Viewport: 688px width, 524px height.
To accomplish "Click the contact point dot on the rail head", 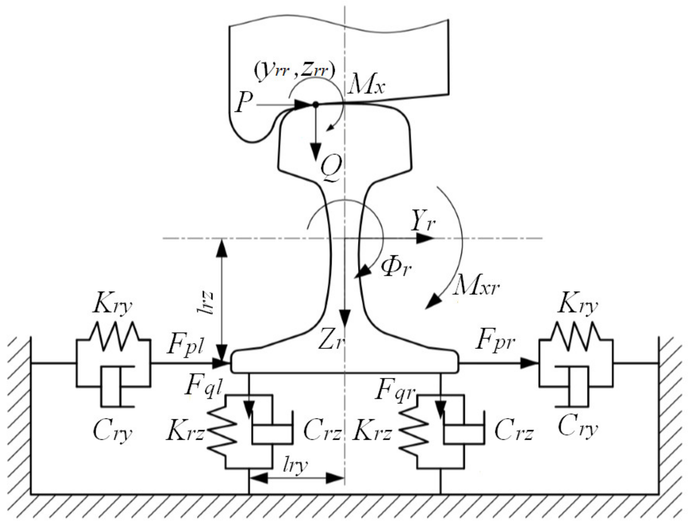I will (x=315, y=105).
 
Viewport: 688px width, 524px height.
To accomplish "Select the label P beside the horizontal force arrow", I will (x=244, y=103).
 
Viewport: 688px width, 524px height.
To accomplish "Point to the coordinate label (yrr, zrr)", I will (x=294, y=72).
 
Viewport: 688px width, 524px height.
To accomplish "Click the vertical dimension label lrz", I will (x=207, y=303).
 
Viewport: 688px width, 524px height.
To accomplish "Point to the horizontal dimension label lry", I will (x=295, y=466).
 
